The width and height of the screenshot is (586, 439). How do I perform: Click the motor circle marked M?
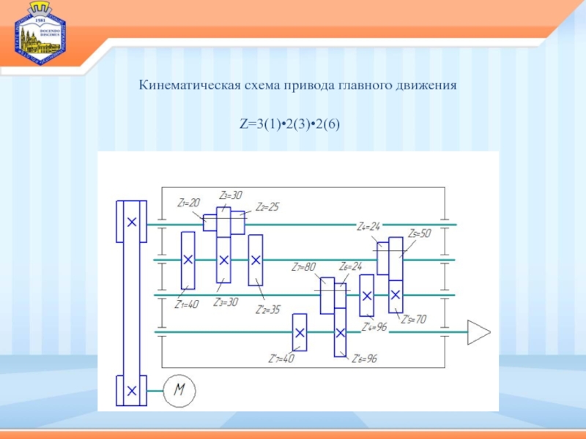[x=178, y=391]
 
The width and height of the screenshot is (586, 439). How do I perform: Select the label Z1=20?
[x=189, y=202]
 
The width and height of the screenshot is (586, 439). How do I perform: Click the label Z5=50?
[x=420, y=233]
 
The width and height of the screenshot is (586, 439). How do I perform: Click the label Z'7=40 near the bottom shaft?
[x=281, y=359]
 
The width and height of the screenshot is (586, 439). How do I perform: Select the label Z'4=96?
[x=374, y=328]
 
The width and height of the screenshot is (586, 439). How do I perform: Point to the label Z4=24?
[x=368, y=226]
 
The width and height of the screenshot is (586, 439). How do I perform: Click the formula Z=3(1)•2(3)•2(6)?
[x=289, y=125]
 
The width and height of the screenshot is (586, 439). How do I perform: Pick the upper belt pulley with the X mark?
[x=131, y=222]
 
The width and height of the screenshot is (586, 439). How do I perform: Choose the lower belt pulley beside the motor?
[x=131, y=391]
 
